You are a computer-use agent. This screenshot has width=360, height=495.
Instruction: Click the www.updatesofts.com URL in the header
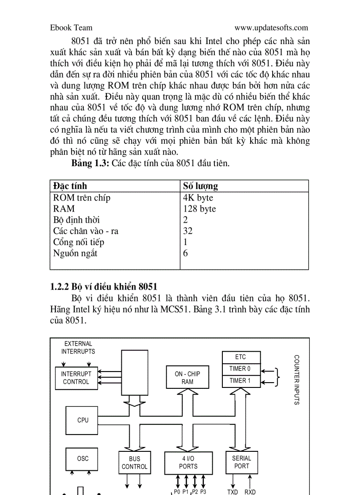click(271, 28)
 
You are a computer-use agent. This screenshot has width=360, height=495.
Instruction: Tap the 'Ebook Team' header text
click(71, 28)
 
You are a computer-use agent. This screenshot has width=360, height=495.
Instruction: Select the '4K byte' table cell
click(198, 197)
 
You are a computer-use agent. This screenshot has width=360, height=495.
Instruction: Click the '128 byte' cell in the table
click(199, 208)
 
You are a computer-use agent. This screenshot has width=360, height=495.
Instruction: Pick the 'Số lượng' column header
click(200, 186)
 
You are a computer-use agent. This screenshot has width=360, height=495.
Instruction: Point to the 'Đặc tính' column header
click(70, 186)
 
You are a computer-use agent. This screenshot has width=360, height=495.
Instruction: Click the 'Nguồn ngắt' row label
click(75, 253)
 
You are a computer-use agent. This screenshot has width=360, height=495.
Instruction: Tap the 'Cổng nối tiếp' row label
click(79, 242)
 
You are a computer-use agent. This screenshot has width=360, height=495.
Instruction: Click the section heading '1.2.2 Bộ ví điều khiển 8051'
click(104, 287)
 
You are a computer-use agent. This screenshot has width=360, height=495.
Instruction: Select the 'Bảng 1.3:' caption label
click(90, 164)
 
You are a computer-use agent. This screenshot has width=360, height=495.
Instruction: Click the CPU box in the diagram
click(83, 420)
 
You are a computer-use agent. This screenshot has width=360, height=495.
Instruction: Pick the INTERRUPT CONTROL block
click(76, 378)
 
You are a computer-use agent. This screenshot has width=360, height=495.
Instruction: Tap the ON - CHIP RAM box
click(187, 377)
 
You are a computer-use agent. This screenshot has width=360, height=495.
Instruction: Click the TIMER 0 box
click(240, 368)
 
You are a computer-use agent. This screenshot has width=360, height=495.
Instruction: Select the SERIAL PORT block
click(241, 462)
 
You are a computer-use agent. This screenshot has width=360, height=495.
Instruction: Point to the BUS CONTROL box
click(135, 462)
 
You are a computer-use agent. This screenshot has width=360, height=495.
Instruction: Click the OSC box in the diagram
click(83, 458)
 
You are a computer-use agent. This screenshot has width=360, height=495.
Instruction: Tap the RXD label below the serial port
click(250, 492)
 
